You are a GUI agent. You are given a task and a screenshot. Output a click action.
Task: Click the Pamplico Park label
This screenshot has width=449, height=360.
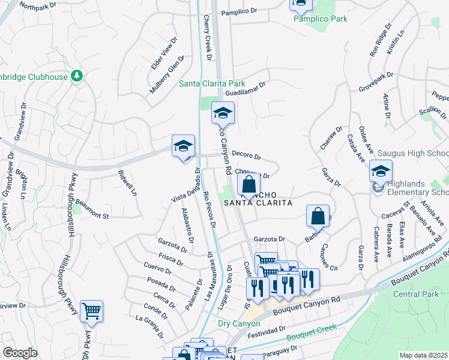[x=320, y=19]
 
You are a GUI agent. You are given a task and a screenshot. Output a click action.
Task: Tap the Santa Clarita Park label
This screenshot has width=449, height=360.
[x=212, y=83]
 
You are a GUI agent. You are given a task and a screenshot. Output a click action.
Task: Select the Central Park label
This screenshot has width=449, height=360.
[x=415, y=294]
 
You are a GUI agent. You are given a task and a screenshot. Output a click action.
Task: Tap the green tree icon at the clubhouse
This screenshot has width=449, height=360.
[x=76, y=76]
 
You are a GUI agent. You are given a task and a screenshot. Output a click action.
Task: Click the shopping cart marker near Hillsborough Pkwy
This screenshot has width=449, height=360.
[x=91, y=311]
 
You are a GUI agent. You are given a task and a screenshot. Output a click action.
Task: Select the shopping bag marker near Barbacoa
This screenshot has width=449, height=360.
[x=318, y=215]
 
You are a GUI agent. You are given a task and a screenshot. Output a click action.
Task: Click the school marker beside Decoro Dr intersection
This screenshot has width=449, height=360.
[x=184, y=146]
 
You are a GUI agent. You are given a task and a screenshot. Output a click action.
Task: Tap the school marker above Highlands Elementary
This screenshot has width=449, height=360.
[x=381, y=171]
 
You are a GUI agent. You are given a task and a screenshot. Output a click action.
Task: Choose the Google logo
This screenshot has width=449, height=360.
[x=20, y=353]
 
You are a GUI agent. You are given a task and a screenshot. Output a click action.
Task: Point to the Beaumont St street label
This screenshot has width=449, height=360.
[x=92, y=211]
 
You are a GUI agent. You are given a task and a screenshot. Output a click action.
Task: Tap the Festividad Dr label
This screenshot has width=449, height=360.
[x=266, y=331]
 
